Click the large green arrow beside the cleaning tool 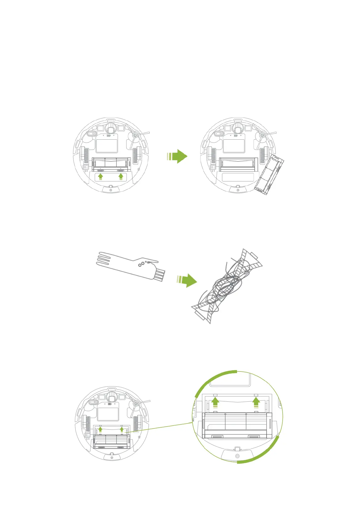point(188,280)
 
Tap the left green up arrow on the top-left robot point(101,177)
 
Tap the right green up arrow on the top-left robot point(121,177)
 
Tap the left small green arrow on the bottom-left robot point(100,429)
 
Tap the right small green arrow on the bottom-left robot point(122,429)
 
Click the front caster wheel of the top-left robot point(111,128)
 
